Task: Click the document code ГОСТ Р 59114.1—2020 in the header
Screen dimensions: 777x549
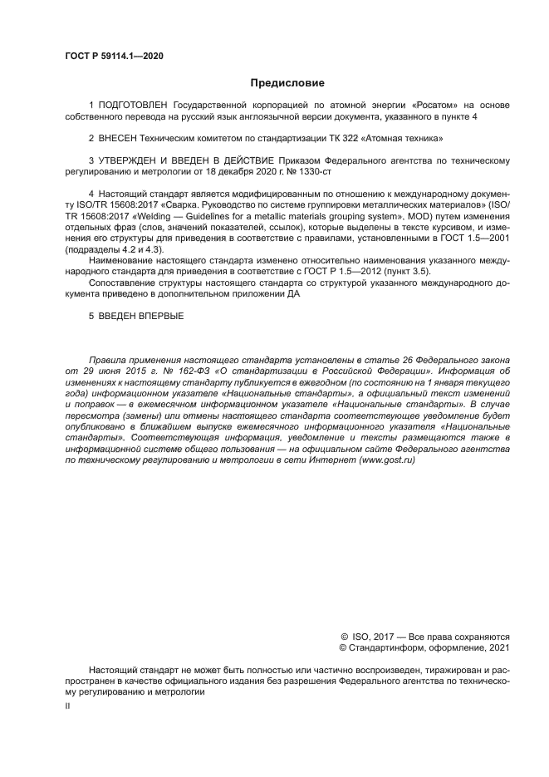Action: tap(114, 57)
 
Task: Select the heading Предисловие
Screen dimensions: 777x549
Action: tap(287, 83)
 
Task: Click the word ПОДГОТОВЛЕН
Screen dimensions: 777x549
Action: tap(134, 106)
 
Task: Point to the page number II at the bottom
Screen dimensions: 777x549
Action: tap(68, 705)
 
